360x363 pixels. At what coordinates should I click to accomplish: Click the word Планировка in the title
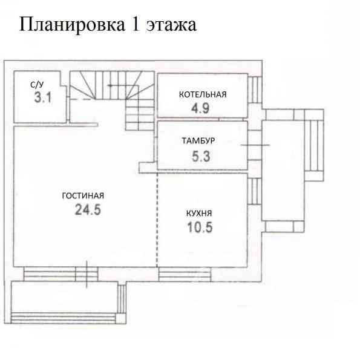(x=72, y=25)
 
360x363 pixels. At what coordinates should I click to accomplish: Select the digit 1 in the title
(x=136, y=24)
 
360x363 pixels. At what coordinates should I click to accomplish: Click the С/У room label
(x=37, y=85)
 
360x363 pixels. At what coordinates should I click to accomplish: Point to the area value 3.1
(x=42, y=97)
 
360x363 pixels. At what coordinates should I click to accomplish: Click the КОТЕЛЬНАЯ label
(x=203, y=94)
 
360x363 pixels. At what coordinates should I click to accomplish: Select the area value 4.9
(x=200, y=108)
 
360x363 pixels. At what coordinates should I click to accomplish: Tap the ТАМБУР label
(x=198, y=141)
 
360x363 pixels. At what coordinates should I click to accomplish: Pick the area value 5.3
(x=201, y=156)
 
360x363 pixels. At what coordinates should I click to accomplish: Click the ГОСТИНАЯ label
(x=83, y=196)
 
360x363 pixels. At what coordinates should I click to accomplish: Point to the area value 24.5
(x=88, y=210)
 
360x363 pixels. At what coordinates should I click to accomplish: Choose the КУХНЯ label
(x=199, y=213)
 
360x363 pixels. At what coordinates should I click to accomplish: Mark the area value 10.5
(x=200, y=227)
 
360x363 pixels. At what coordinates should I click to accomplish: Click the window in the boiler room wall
(x=255, y=90)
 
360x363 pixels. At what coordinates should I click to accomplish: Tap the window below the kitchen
(x=185, y=274)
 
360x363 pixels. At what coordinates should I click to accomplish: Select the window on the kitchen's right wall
(x=255, y=191)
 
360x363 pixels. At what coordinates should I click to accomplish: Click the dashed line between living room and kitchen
(x=157, y=220)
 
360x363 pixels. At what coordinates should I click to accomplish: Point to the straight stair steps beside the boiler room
(x=140, y=114)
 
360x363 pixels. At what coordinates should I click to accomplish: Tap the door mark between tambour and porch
(x=255, y=145)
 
